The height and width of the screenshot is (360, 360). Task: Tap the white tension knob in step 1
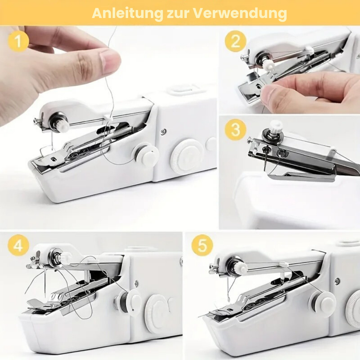62,126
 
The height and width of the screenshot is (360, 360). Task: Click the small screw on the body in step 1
163,132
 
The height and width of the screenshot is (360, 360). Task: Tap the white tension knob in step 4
65,258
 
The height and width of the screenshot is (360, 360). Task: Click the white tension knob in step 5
240,268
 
